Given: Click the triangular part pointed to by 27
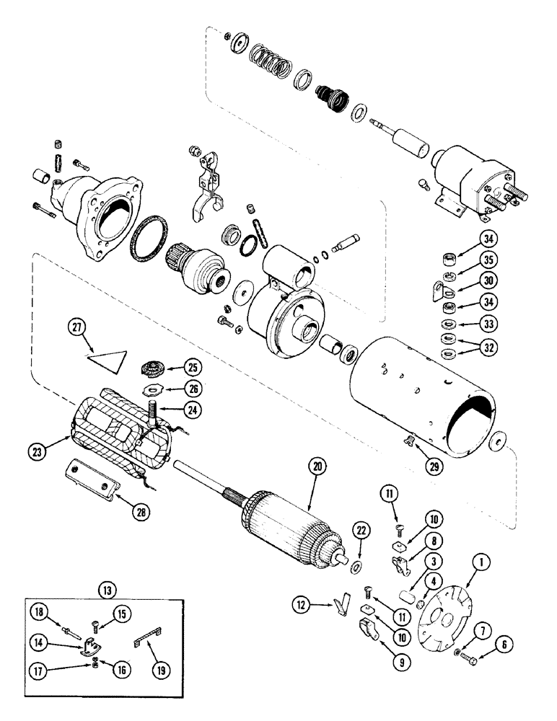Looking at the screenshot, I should click(x=109, y=358).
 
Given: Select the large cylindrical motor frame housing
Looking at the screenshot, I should click(x=426, y=404).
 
